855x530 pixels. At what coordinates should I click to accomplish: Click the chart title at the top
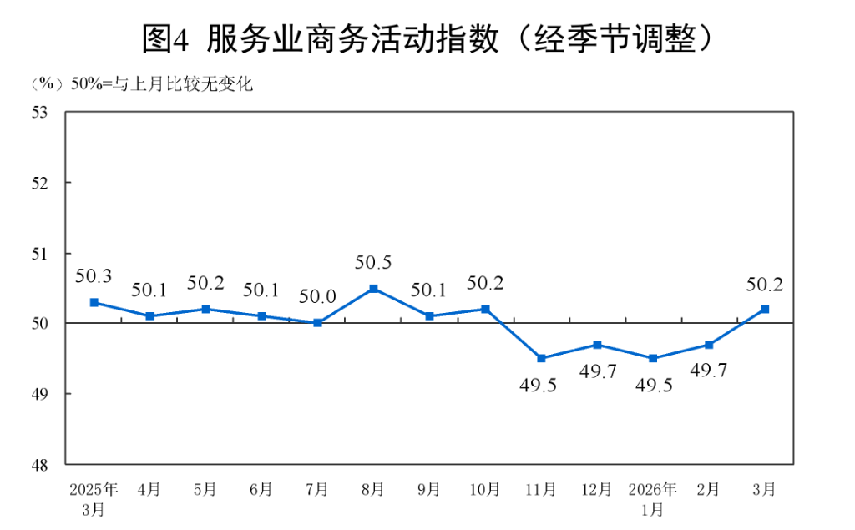pyautogui.click(x=427, y=39)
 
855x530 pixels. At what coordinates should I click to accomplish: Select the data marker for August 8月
pyautogui.click(x=373, y=289)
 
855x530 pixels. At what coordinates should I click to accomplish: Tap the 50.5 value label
pyautogui.click(x=373, y=263)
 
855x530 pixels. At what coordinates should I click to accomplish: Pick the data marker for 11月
pyautogui.click(x=541, y=358)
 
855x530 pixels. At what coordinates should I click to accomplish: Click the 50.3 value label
pyautogui.click(x=94, y=276)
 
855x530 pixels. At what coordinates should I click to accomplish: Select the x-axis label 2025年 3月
pyautogui.click(x=94, y=497)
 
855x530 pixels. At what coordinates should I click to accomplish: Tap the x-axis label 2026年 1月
pyautogui.click(x=653, y=497)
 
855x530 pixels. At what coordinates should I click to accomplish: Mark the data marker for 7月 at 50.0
pyautogui.click(x=317, y=323)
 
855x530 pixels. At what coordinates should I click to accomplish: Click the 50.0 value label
pyautogui.click(x=317, y=297)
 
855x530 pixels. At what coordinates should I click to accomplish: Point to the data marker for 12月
pyautogui.click(x=597, y=345)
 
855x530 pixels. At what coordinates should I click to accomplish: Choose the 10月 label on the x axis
pyautogui.click(x=485, y=489)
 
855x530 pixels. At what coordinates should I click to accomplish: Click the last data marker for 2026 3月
pyautogui.click(x=765, y=309)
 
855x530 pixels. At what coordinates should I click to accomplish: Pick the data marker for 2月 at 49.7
pyautogui.click(x=709, y=345)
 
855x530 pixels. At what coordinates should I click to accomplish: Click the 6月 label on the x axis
pyautogui.click(x=261, y=489)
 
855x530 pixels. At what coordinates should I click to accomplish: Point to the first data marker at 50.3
pyautogui.click(x=94, y=302)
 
